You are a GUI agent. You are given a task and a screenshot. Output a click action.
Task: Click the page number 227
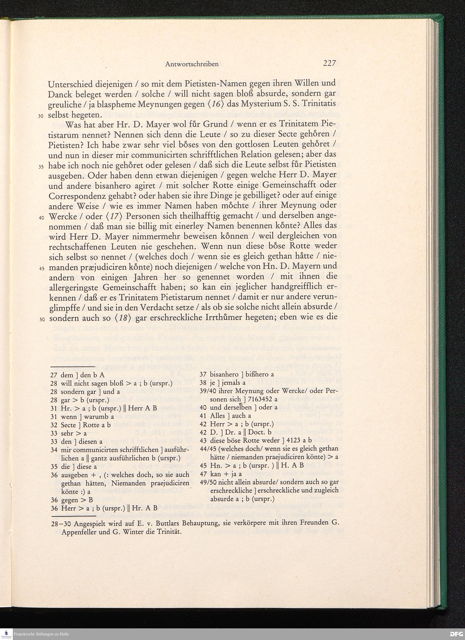pos(329,63)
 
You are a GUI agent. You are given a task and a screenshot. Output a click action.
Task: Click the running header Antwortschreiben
pos(192,64)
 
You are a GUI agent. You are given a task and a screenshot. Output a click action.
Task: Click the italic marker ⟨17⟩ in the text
pos(114,216)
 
